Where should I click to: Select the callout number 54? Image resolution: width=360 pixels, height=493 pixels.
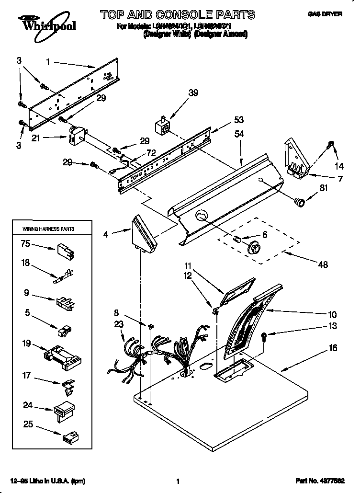(x=238, y=135)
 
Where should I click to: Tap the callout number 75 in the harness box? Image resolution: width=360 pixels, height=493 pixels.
(x=25, y=243)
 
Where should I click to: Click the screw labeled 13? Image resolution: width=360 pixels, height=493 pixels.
(x=264, y=336)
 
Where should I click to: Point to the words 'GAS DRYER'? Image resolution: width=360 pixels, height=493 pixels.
(x=325, y=15)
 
